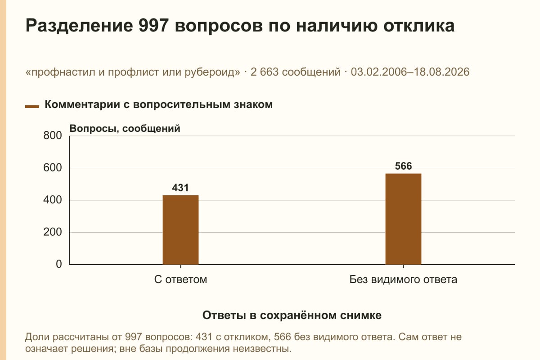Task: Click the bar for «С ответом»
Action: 180,230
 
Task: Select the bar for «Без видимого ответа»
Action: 403,219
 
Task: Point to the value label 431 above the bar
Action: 180,188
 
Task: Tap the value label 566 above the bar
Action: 403,166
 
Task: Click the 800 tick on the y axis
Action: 53,135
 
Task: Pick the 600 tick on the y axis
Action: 53,168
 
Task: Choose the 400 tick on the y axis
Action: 53,200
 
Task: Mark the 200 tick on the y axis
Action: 53,232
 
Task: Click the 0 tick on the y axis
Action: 59,264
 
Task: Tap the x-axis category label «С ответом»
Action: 180,279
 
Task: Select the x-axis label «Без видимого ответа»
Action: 403,279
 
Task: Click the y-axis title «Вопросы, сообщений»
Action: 125,129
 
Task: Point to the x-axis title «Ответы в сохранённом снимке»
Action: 292,315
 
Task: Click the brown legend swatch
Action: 32,107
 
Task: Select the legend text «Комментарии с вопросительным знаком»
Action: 158,105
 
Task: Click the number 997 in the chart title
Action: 153,25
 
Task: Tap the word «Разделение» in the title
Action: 79,26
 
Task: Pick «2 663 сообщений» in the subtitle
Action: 296,72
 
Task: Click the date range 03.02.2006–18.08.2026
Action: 410,72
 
